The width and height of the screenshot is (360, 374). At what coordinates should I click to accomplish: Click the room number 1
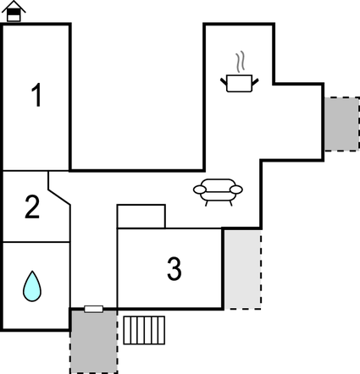(36, 95)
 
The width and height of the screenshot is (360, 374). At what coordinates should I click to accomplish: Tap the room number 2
(32, 207)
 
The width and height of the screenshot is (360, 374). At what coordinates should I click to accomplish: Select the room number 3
(174, 268)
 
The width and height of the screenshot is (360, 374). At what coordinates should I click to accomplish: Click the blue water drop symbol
(32, 286)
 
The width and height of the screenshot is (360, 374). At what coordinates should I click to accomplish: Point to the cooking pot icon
(239, 83)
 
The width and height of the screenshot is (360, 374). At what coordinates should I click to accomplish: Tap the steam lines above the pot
(240, 62)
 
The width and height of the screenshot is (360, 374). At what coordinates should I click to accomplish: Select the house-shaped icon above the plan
(14, 11)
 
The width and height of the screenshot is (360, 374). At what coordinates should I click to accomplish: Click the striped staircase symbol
(144, 330)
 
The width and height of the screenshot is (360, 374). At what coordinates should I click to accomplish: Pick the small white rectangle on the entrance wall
(94, 309)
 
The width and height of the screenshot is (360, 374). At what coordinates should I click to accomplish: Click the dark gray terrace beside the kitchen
(341, 124)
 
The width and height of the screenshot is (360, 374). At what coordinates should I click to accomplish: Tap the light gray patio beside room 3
(242, 269)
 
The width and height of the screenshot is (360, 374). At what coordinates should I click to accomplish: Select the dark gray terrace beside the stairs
(94, 342)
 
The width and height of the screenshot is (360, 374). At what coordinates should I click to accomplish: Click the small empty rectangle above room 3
(141, 217)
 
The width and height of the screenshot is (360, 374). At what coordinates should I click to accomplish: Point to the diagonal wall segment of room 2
(59, 197)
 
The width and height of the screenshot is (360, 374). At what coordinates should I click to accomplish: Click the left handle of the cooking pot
(224, 82)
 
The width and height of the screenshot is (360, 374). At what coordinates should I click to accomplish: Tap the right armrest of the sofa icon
(236, 190)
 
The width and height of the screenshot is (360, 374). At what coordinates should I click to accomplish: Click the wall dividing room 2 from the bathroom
(36, 242)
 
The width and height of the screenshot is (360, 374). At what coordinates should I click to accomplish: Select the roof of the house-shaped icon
(14, 6)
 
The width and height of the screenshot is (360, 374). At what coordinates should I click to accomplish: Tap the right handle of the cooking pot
(255, 82)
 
